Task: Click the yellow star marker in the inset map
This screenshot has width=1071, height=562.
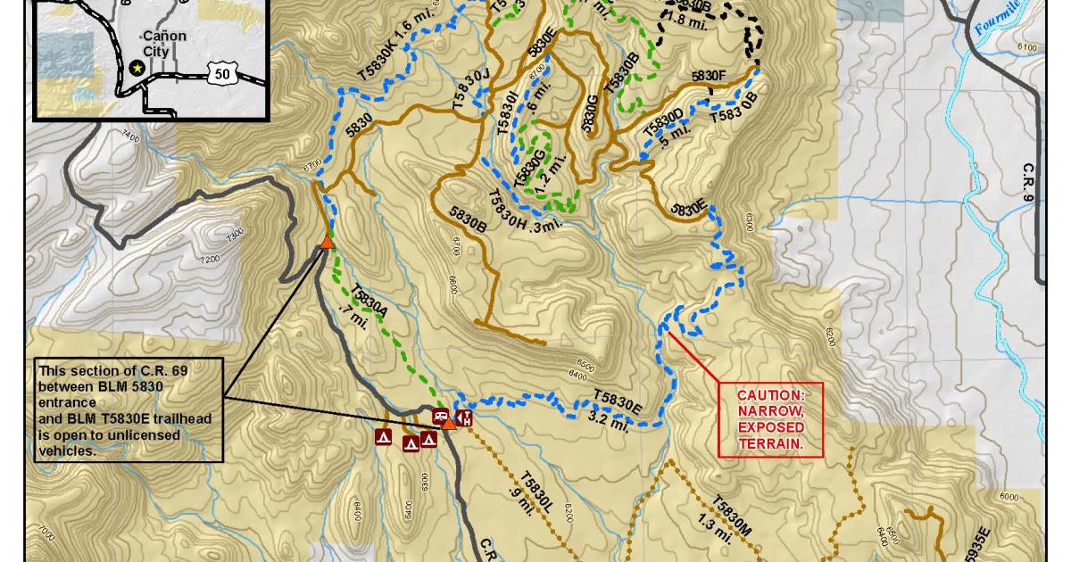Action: coord(137,67)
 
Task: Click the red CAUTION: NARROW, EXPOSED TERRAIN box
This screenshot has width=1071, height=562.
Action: coord(770,419)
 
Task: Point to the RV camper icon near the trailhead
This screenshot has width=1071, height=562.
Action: coord(440,416)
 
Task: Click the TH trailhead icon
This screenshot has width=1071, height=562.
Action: coord(463,417)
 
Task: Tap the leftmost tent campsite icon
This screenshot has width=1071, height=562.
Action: coord(383,437)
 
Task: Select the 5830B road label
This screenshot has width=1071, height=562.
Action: coord(468,219)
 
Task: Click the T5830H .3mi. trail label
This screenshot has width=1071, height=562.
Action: coord(527,211)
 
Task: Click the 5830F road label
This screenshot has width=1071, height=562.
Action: coord(709,76)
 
